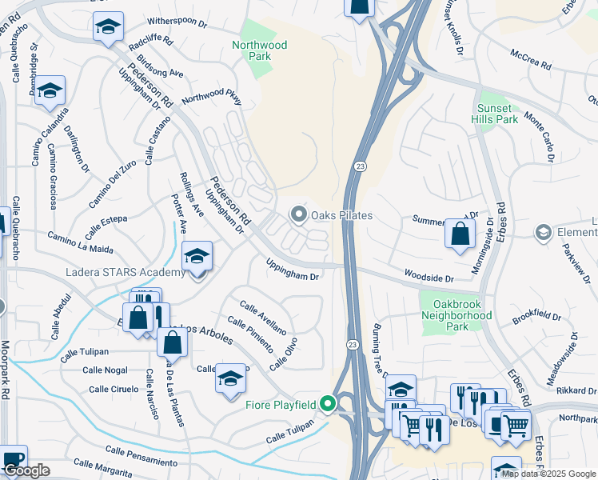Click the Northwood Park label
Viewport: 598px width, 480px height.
(259, 51)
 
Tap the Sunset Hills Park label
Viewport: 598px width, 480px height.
(498, 114)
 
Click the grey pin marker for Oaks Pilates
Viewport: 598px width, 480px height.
(299, 214)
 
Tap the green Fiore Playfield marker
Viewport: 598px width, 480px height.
(326, 404)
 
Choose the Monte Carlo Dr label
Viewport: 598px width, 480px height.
(540, 136)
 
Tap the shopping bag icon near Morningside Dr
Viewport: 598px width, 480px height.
(460, 235)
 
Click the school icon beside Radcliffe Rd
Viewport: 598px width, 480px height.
(108, 28)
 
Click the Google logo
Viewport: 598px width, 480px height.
(26, 471)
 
